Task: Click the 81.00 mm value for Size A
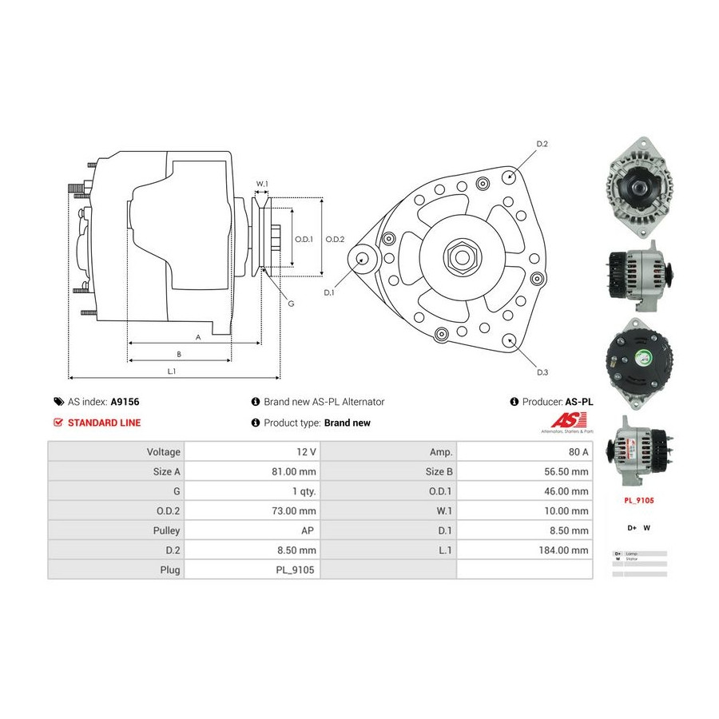(x=296, y=471)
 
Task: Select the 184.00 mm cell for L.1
(x=564, y=550)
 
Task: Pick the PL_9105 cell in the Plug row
(x=295, y=570)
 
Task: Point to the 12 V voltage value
(x=306, y=451)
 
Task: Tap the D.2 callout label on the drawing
(x=542, y=145)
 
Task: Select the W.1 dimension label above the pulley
(x=261, y=185)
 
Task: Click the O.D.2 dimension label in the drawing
(x=336, y=239)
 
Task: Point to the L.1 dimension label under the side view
(x=171, y=371)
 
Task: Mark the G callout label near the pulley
(x=291, y=304)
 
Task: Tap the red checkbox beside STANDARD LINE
(x=58, y=423)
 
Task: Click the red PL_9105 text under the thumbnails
(x=639, y=500)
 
